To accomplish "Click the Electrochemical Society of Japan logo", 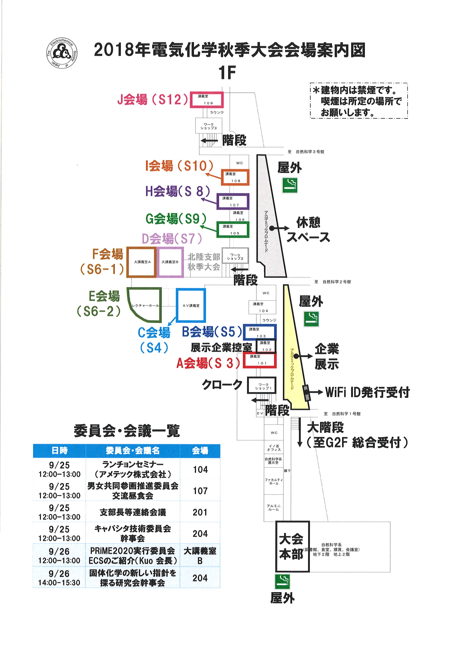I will pyautogui.click(x=62, y=53).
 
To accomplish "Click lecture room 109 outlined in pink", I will pyautogui.click(x=207, y=100).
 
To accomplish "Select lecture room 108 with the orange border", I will pyautogui.click(x=235, y=177).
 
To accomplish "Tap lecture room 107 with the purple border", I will pyautogui.click(x=233, y=201).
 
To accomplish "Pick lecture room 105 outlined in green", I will pyautogui.click(x=233, y=230).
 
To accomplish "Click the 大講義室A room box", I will pyautogui.click(x=142, y=262).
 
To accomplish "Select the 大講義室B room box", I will pyautogui.click(x=170, y=262).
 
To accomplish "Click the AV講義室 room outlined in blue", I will pyautogui.click(x=191, y=306).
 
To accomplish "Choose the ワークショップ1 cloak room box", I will pyautogui.click(x=262, y=386).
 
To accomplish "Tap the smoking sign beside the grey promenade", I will pyautogui.click(x=290, y=185).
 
